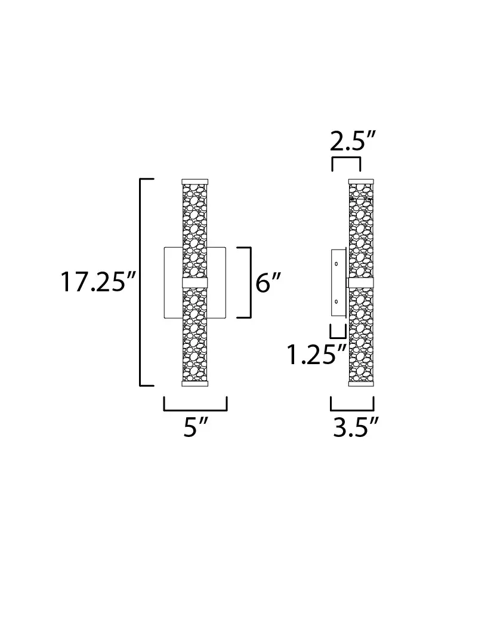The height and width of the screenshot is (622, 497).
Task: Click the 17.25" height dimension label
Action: pos(98,282)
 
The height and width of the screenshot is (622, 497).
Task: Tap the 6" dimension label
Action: pos(268,282)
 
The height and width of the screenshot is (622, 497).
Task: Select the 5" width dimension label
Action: pos(196,427)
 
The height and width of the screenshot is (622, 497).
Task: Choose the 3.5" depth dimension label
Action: pos(356,427)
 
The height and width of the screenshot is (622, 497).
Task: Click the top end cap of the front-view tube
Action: pos(195,181)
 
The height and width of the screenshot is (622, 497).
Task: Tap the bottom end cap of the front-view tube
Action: pos(195,383)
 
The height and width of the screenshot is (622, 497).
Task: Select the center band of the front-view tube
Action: pos(195,282)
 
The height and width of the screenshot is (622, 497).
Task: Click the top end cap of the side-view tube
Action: pos(361,181)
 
